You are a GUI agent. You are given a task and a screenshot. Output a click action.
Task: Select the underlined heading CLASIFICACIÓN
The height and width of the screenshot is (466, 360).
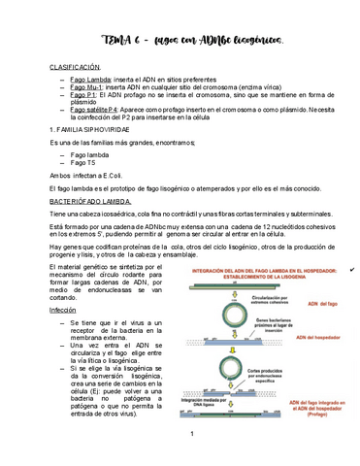(x=76, y=66)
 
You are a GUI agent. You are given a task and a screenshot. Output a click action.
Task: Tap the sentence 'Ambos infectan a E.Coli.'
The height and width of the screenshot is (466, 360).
(x=89, y=175)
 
